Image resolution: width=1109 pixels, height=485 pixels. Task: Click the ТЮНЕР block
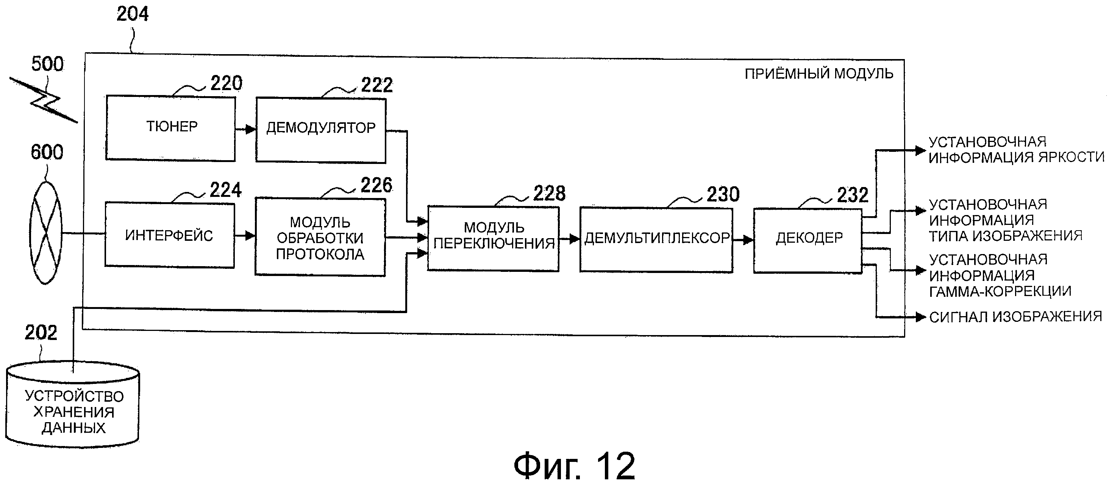click(170, 128)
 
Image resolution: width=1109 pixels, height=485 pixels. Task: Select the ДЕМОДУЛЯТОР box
click(321, 130)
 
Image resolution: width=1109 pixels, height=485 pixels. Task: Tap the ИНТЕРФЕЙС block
click(170, 235)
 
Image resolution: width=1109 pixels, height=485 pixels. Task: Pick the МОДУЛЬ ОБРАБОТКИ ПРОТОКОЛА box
click(320, 237)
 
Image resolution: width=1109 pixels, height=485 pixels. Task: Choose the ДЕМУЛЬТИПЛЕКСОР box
click(656, 240)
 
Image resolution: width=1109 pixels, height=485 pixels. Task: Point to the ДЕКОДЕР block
click(808, 240)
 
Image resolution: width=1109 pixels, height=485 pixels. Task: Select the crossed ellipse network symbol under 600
click(45, 233)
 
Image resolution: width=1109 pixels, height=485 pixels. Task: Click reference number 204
click(133, 14)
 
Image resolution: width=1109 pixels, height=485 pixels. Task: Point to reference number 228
click(549, 193)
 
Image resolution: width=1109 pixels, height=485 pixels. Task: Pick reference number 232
click(853, 195)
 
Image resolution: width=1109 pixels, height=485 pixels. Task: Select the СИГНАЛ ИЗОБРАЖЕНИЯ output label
click(1015, 317)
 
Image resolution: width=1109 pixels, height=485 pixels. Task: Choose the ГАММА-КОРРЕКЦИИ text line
click(1000, 292)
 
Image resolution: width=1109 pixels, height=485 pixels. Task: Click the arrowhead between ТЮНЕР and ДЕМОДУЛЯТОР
click(250, 129)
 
